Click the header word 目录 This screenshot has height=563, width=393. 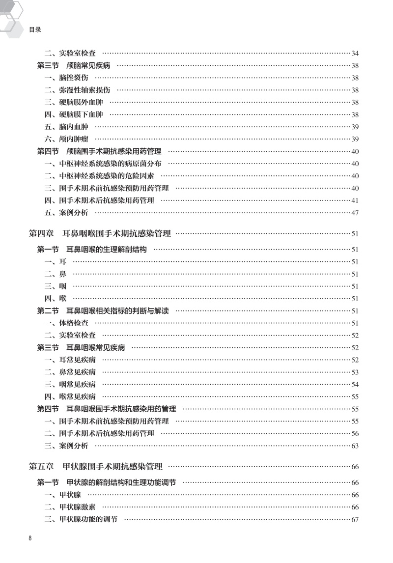pos(34,29)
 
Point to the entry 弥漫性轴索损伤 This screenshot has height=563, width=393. pos(77,90)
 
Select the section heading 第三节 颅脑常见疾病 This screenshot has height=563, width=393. pos(74,65)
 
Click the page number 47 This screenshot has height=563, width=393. pos(355,213)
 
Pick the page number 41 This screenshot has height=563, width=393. pos(355,200)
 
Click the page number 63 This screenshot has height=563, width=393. pos(355,446)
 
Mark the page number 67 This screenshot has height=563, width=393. pos(355,519)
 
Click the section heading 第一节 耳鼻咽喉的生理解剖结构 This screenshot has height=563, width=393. pos(92,250)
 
